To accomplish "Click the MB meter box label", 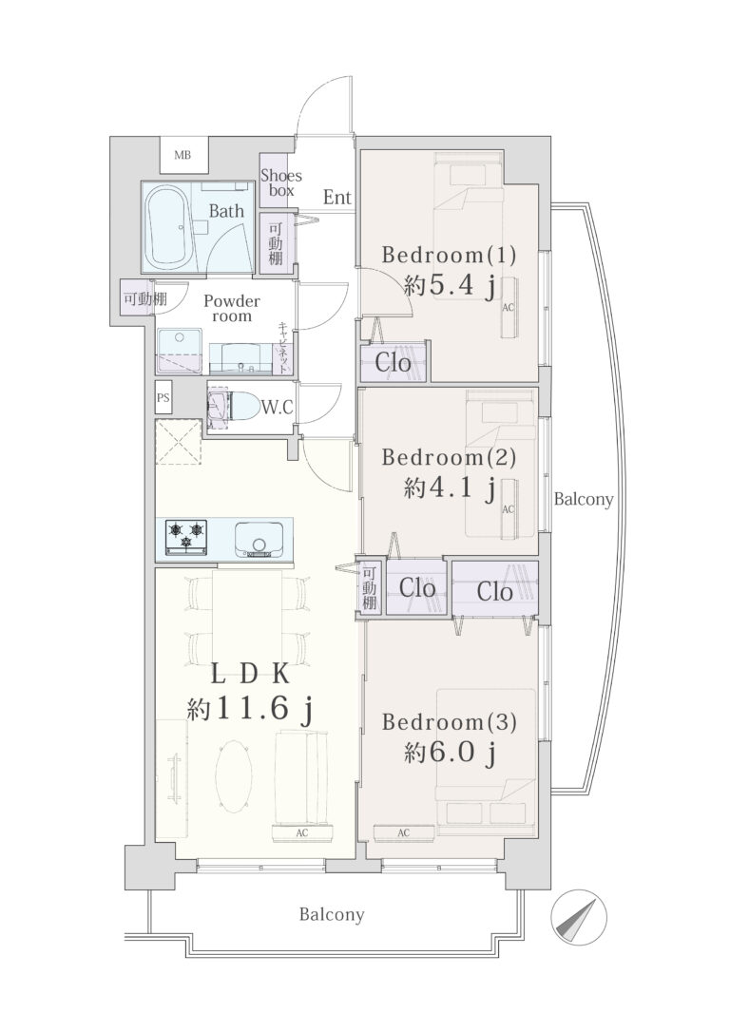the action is [182, 155].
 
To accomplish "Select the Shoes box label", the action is [281, 182].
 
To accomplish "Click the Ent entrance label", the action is [337, 197].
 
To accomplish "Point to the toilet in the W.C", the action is [228, 408].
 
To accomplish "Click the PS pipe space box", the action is [163, 397].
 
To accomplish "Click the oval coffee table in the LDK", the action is [234, 777].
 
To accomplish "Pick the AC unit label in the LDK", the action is [301, 833].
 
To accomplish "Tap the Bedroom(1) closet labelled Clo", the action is [394, 362].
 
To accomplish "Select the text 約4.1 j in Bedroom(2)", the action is [451, 487].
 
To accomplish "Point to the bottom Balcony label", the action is [332, 914].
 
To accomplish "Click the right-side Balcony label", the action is [584, 499].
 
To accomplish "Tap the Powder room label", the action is [232, 308].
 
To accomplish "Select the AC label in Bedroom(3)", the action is [404, 833].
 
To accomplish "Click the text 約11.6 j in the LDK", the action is [249, 708].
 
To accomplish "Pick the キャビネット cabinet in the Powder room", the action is [283, 348].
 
